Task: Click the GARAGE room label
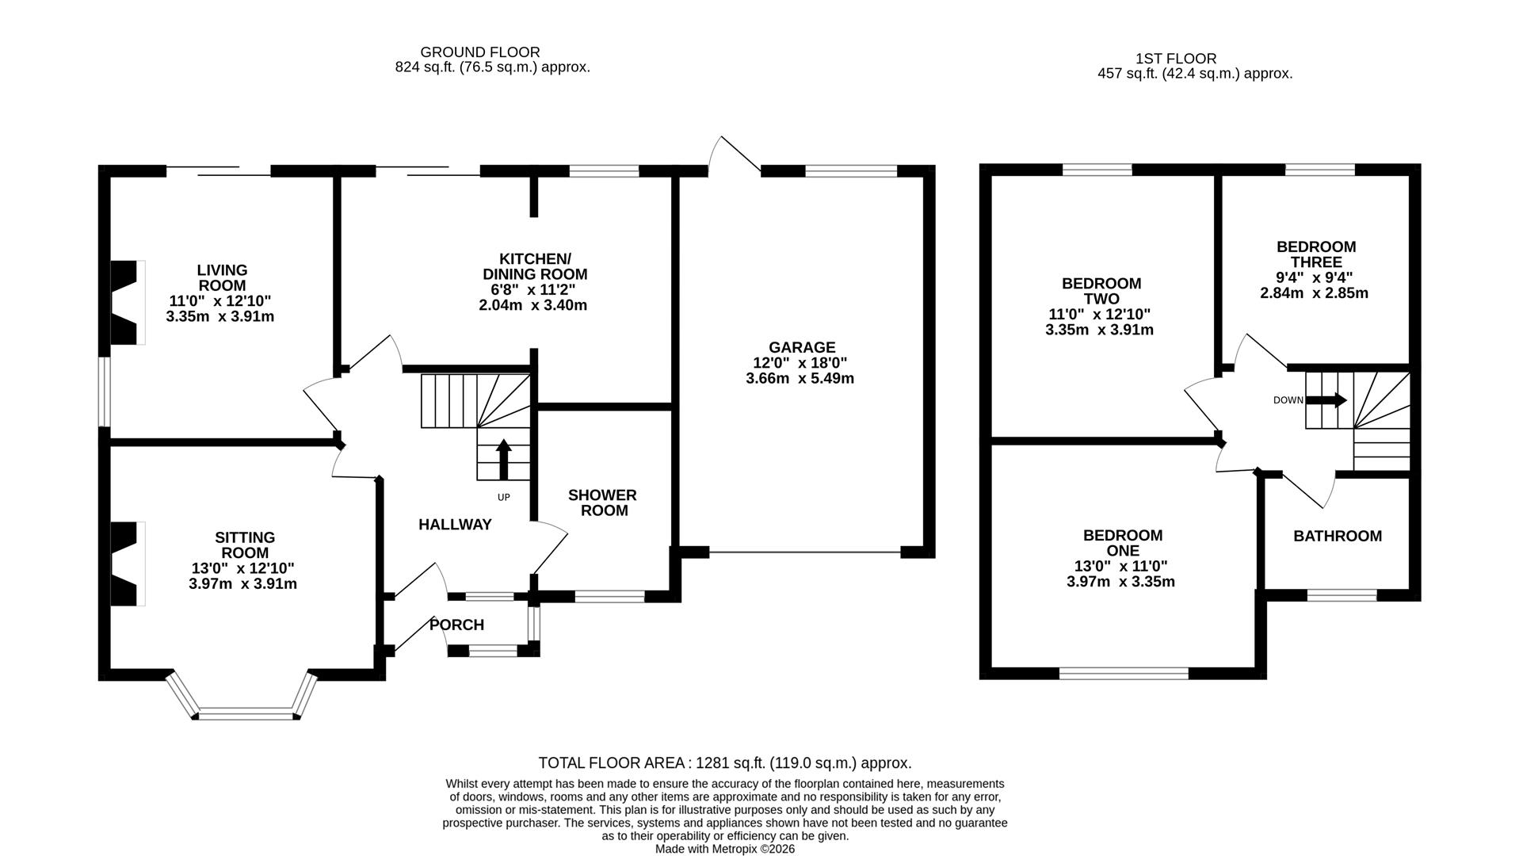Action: click(801, 347)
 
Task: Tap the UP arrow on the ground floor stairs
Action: click(503, 460)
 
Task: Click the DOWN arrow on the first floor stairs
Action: click(1326, 400)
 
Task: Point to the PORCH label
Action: click(456, 625)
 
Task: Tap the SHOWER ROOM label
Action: click(603, 503)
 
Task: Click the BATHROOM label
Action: click(1337, 537)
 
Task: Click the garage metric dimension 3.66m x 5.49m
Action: click(800, 378)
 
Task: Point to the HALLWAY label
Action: click(455, 525)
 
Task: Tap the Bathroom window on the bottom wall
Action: click(1341, 595)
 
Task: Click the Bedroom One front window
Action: click(1123, 674)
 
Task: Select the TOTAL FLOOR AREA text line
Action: click(724, 763)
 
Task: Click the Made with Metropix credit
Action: click(724, 849)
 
